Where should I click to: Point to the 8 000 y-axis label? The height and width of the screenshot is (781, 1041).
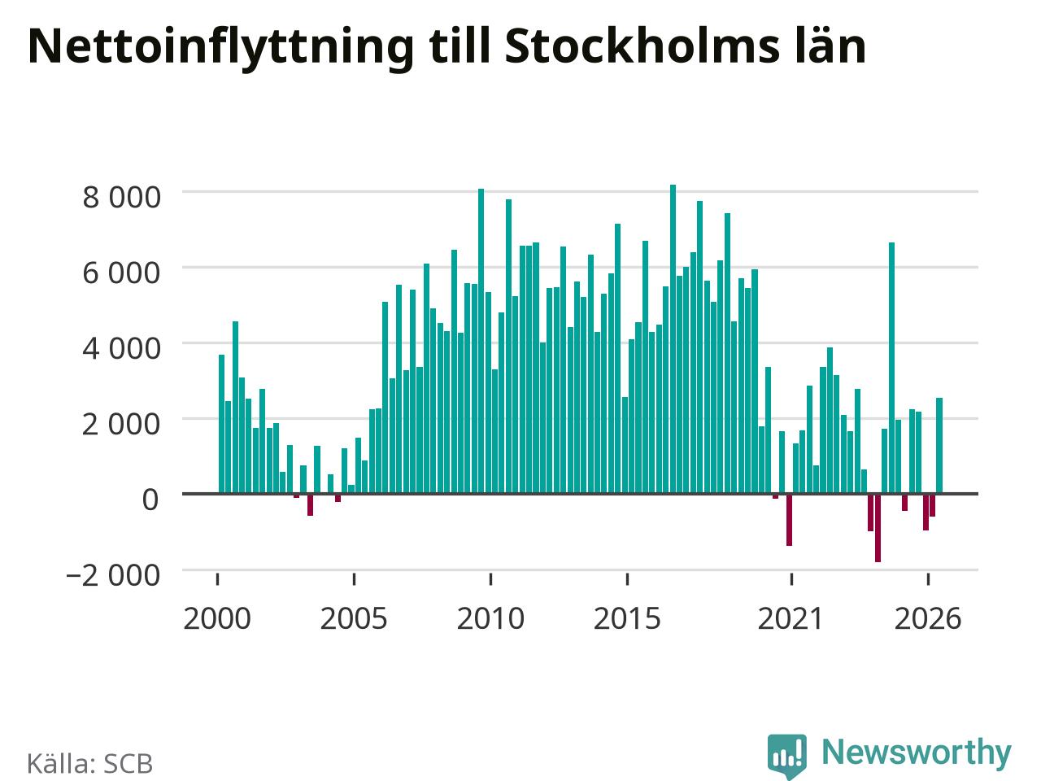[x=122, y=197]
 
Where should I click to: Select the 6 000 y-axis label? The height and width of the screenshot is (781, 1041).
[x=122, y=273]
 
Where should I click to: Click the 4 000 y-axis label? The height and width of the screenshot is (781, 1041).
[x=122, y=348]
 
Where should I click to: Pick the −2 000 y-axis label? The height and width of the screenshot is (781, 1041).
[x=113, y=575]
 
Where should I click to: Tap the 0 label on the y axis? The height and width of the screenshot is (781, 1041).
[x=150, y=500]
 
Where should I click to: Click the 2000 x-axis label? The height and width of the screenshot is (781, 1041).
[x=217, y=618]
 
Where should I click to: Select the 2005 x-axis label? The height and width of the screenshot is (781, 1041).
[x=354, y=618]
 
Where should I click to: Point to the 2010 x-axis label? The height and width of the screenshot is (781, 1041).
[x=490, y=618]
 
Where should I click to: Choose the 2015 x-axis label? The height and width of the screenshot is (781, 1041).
[x=627, y=618]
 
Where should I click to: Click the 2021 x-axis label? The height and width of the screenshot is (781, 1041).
[x=791, y=618]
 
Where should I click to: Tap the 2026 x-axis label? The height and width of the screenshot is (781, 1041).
[x=928, y=618]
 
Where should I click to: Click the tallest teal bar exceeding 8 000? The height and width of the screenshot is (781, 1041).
[x=673, y=339]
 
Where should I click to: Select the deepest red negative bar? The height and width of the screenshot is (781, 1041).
[x=878, y=528]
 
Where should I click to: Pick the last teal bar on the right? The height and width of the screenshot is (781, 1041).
[x=939, y=446]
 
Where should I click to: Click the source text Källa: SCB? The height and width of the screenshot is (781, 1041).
[x=89, y=763]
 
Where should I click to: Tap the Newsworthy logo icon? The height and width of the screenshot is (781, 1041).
[x=787, y=755]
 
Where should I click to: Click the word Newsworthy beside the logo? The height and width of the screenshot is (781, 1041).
[x=917, y=753]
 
